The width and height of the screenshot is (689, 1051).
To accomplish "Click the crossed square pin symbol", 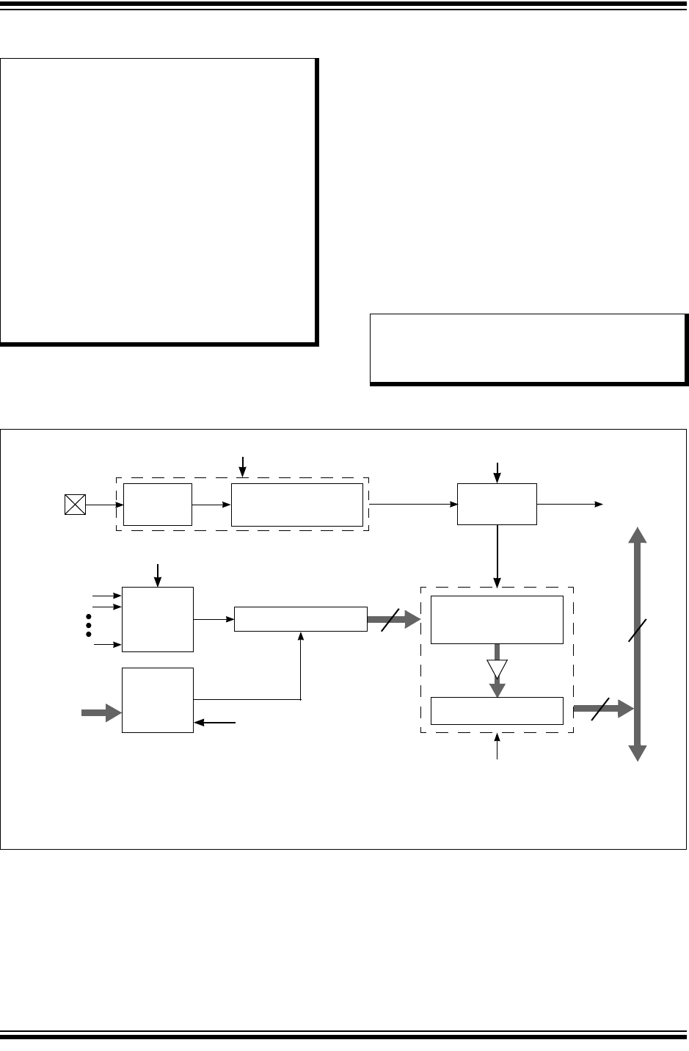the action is pos(75,505).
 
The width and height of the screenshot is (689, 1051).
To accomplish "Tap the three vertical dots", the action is pos(89,624).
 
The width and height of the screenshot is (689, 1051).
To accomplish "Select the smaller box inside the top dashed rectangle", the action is pos(157,505).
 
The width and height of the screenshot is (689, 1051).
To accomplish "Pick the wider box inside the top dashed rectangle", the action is pos(297,505).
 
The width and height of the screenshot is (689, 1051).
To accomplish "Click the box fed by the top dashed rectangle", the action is pos(497,504).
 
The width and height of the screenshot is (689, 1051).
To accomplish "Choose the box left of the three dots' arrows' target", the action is pos(157,619).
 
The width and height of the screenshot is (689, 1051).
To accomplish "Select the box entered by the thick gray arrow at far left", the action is pos(157,700).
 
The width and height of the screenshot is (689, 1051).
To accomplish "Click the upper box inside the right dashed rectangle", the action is pos(497,620).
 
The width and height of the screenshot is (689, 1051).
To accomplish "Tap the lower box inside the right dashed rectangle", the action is pos(497,711).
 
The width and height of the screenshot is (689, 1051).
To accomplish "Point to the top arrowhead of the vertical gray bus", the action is pos(637,535).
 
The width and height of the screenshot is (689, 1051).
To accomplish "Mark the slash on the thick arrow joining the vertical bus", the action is pos(600,709).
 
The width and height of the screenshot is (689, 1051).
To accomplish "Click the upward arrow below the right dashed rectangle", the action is pos(497,748).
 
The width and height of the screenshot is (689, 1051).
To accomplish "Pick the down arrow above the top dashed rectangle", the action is pos(244,465).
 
